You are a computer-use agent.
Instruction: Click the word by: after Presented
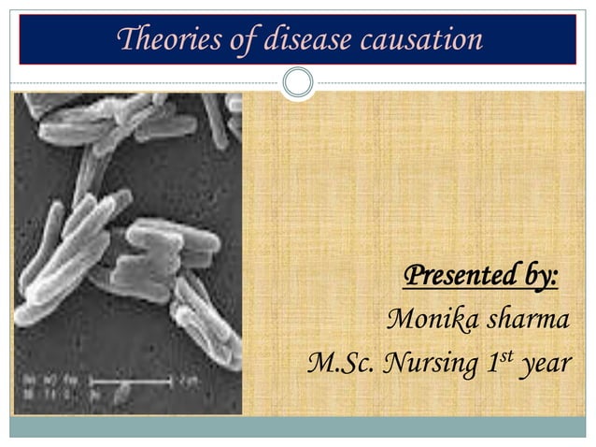(x=536, y=278)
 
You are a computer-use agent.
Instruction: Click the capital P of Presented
(x=410, y=278)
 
